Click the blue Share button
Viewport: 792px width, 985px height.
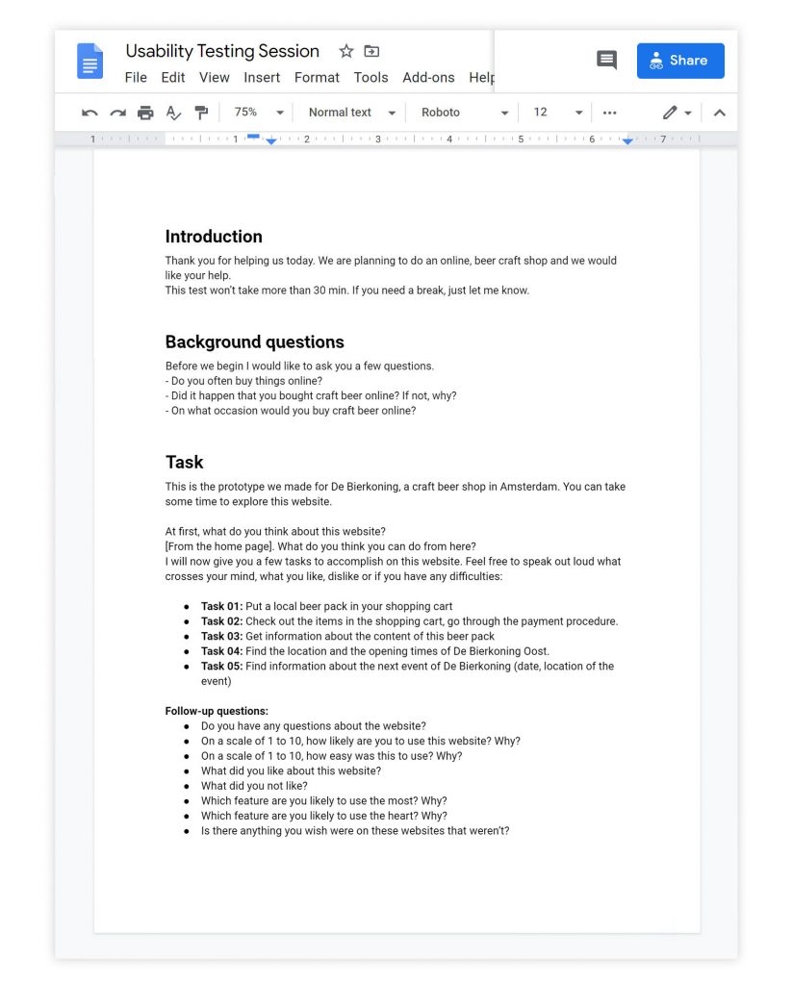coord(680,61)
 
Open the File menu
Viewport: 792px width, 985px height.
coord(136,78)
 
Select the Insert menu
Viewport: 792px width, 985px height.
coord(262,78)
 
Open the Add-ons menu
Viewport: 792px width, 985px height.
coord(428,78)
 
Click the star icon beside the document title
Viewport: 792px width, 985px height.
coord(346,52)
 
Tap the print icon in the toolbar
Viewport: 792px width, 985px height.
coord(145,113)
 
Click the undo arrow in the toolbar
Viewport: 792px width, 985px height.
coord(90,113)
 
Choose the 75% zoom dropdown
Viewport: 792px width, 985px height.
coord(259,113)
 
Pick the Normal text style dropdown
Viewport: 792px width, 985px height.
coord(351,113)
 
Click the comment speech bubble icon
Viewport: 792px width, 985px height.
coord(606,61)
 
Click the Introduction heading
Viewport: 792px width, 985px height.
coord(214,237)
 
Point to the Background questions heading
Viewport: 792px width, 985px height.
coord(254,342)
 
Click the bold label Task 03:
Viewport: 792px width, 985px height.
coord(221,637)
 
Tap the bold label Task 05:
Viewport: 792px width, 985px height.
coord(221,667)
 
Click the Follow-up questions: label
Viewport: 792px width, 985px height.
coord(217,712)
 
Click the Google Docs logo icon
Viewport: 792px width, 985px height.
coord(89,62)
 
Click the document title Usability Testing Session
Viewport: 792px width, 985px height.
coord(222,52)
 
